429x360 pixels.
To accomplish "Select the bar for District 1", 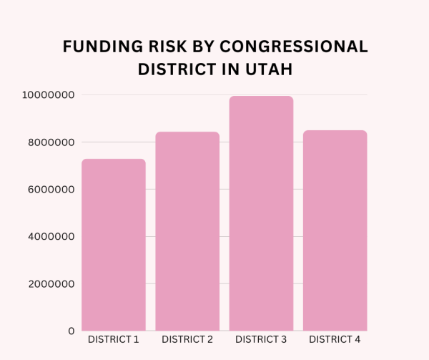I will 113,245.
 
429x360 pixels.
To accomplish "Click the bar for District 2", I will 187,231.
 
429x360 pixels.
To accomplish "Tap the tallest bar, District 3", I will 261,213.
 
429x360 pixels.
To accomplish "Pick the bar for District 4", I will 335,230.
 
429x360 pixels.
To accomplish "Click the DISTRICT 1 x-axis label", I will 113,339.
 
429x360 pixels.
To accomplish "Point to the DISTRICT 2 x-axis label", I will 187,339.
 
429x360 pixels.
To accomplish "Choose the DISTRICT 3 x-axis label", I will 261,339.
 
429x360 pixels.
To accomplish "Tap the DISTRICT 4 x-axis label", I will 335,339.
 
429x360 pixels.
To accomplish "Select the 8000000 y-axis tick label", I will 48,142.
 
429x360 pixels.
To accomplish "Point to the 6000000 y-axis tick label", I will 48,190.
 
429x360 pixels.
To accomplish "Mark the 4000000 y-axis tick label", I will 48,237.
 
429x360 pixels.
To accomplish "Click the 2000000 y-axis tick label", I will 48,284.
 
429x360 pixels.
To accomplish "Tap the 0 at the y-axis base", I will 71,331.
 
